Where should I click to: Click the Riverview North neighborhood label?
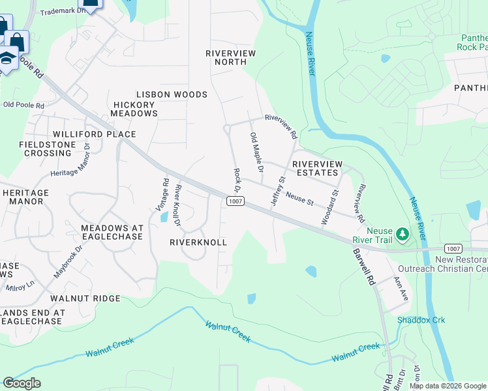(230, 57)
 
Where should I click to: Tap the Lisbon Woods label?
(172, 94)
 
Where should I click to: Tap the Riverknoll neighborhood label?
(198, 242)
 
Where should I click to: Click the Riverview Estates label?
(316, 168)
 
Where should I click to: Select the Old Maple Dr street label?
(256, 152)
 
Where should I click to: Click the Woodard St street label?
(329, 208)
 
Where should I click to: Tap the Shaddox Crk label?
(421, 320)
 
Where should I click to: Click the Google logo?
(22, 383)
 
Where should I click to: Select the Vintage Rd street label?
(162, 194)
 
